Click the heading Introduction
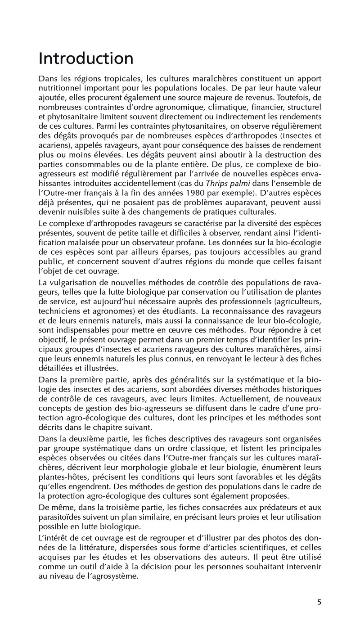pyautogui.click(x=86, y=58)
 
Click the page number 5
pyautogui.click(x=319, y=603)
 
